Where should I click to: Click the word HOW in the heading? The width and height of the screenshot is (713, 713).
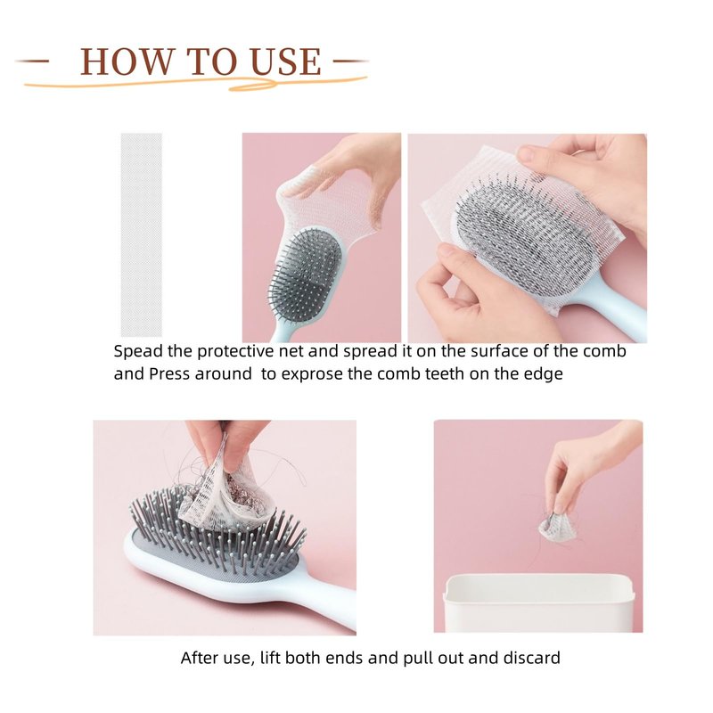point(127,61)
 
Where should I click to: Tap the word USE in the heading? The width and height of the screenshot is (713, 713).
point(286,61)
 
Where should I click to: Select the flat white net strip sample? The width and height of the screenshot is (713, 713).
point(142,234)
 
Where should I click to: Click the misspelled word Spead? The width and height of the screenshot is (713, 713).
point(138,351)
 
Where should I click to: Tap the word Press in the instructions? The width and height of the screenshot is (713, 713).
point(169,373)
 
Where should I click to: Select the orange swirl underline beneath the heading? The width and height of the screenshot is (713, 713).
point(195,83)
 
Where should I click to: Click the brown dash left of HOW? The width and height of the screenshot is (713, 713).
point(33,61)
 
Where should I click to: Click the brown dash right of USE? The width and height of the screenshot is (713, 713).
point(350,61)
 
